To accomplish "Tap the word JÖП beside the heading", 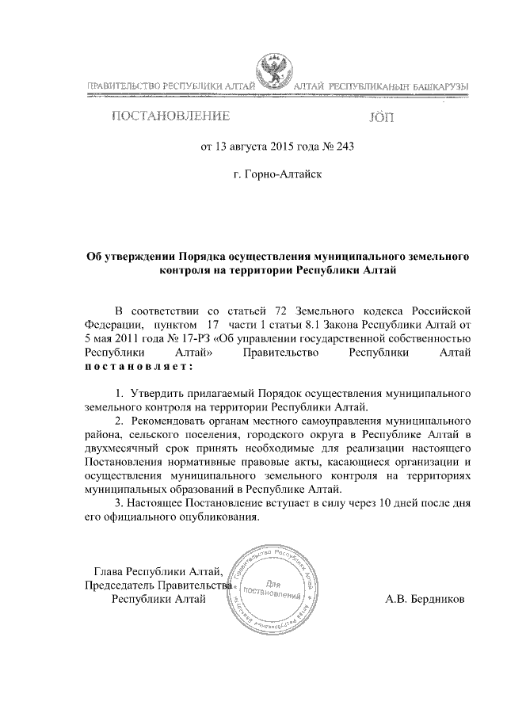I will click(380, 117).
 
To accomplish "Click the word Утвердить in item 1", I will click(154, 393).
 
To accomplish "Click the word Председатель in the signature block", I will click(119, 585).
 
